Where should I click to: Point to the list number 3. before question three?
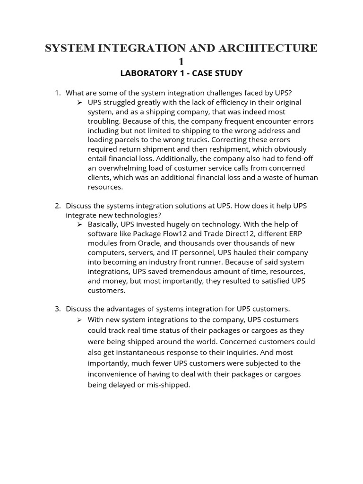[58, 309]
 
